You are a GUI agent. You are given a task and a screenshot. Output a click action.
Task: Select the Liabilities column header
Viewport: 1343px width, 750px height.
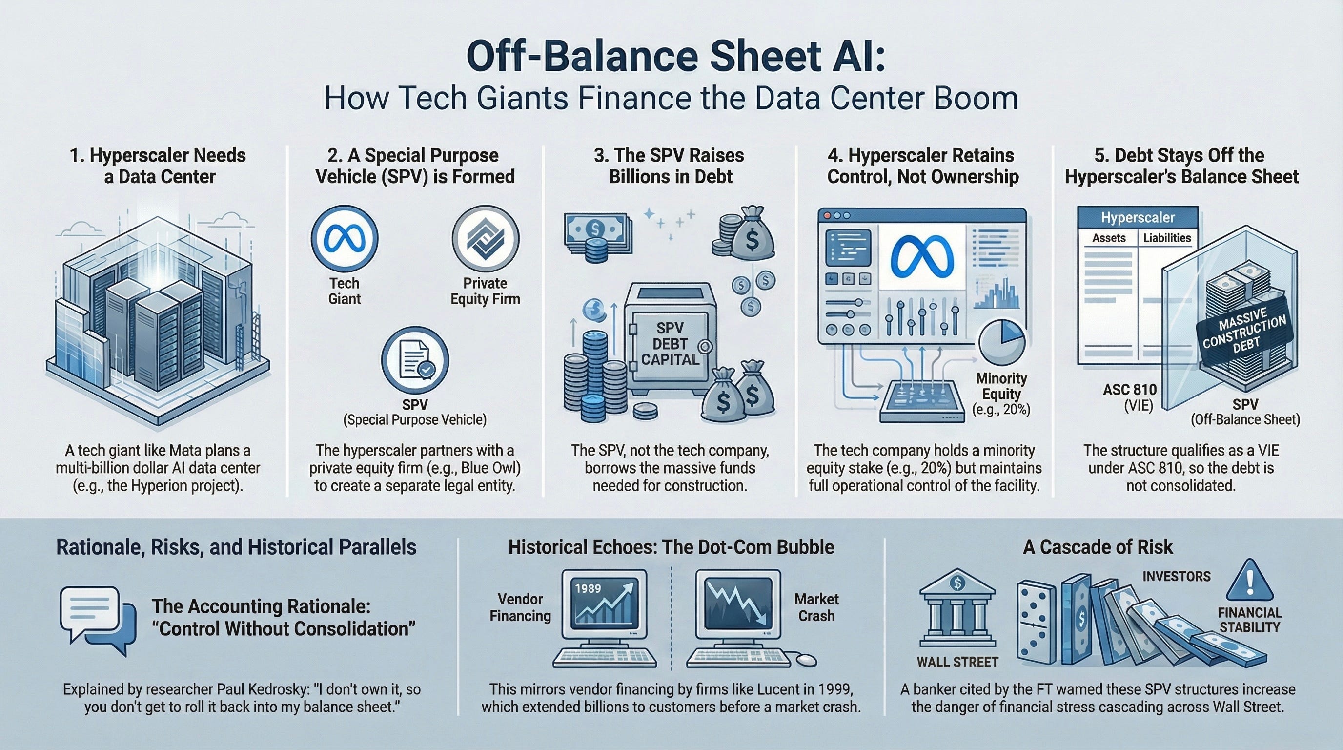[x=1167, y=238]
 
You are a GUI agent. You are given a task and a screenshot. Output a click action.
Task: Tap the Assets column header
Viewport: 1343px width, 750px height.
[x=1109, y=238]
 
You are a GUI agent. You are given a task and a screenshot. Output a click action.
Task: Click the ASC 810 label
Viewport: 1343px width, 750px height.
[x=1130, y=390]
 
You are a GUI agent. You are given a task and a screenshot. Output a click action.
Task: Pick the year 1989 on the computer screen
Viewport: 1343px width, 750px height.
[x=588, y=589]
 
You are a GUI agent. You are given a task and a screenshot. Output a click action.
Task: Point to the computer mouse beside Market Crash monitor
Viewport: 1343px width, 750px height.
[x=806, y=660]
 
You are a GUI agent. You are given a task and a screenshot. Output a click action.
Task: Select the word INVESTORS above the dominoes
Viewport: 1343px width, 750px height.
[x=1176, y=576]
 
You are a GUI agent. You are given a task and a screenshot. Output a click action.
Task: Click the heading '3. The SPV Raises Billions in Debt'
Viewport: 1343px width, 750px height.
[x=671, y=166]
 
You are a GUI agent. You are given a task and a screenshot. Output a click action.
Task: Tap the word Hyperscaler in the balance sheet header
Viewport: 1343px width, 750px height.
[x=1138, y=217]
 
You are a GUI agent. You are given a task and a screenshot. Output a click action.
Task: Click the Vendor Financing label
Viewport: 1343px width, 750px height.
[x=520, y=607]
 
